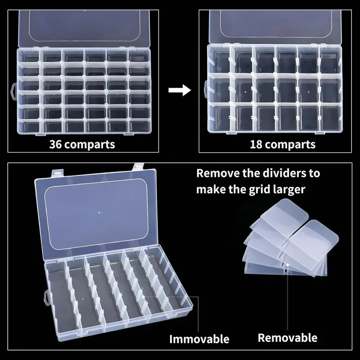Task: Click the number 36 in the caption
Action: pyautogui.click(x=57, y=145)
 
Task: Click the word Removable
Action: pyautogui.click(x=288, y=337)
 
